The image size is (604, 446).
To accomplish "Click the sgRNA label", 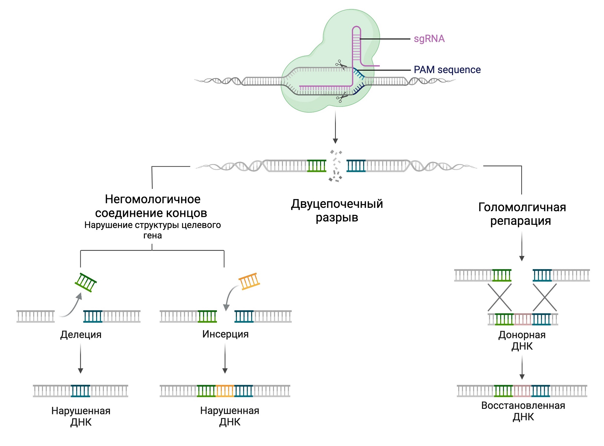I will click(429, 39).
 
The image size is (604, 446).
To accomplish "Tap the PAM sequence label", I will click(447, 70).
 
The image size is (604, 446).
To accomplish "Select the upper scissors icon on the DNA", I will click(340, 64).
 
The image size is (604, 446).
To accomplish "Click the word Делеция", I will click(81, 334).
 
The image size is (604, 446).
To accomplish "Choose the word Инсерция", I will click(225, 334).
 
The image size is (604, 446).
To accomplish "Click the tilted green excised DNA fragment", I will click(85, 283).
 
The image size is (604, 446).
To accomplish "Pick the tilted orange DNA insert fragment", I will click(249, 281).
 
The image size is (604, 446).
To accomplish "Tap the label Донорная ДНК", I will click(522, 340).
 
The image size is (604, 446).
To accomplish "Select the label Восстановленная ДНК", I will click(523, 411).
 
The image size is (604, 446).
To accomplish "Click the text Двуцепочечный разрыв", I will click(337, 210).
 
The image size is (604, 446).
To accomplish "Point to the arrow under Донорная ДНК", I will click(522, 367).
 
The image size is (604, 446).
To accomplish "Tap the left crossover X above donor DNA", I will click(500, 297).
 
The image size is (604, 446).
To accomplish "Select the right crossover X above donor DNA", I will click(545, 297).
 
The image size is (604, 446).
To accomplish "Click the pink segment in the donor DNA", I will click(523, 319).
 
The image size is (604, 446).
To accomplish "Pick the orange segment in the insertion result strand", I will click(225, 391).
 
